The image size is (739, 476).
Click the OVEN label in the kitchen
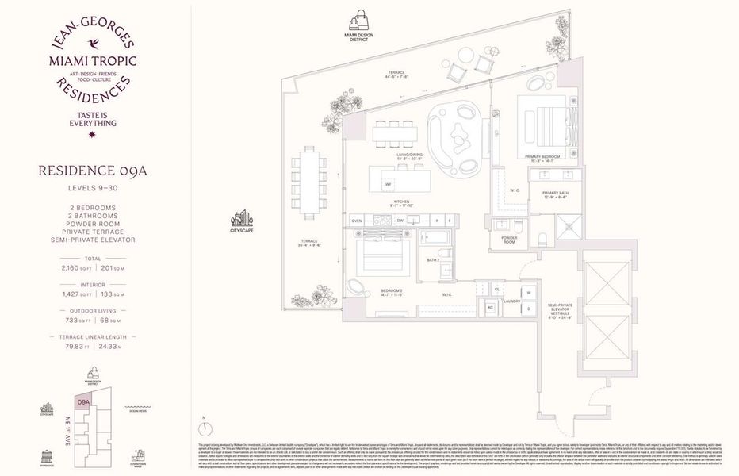pyautogui.click(x=357, y=221)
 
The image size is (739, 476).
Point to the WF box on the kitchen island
pyautogui.click(x=389, y=184)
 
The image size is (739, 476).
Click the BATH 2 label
pyautogui.click(x=432, y=260)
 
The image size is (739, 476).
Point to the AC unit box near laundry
pyautogui.click(x=491, y=307)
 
